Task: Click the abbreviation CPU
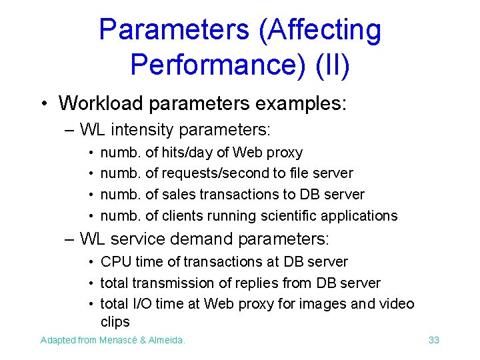(x=113, y=262)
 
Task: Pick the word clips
(x=115, y=322)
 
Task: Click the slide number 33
(x=434, y=340)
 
